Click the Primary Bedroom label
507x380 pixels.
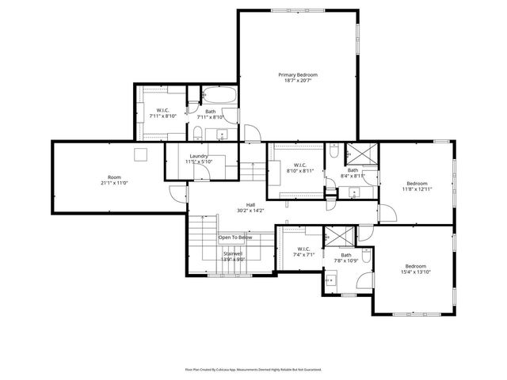pyautogui.click(x=297, y=74)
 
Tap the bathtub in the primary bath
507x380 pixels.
pyautogui.click(x=218, y=97)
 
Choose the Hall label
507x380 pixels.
pyautogui.click(x=250, y=204)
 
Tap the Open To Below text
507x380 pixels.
pyautogui.click(x=235, y=237)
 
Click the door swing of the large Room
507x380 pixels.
pyautogui.click(x=176, y=192)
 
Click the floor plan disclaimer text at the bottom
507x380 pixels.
pyautogui.click(x=253, y=369)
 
